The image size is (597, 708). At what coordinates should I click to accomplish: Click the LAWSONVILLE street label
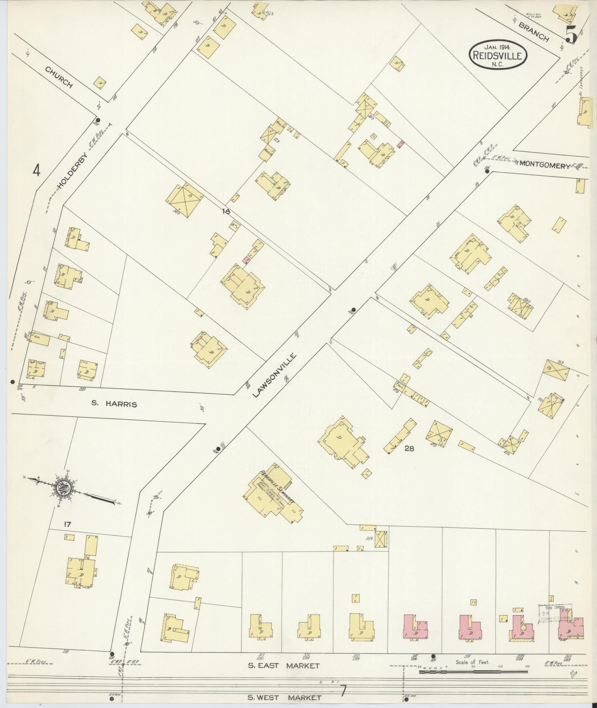click(275, 375)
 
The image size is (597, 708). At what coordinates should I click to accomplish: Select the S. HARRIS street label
click(114, 405)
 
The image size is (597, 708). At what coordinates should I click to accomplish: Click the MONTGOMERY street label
click(545, 166)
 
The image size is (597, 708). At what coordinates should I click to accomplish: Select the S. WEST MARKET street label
click(284, 698)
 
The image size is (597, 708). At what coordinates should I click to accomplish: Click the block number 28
click(409, 449)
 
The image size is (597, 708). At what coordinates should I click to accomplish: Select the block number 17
click(67, 524)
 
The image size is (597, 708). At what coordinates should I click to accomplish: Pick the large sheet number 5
click(571, 35)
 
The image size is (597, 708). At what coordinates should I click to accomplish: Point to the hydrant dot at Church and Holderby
click(98, 120)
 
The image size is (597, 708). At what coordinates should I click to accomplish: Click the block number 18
click(226, 212)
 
